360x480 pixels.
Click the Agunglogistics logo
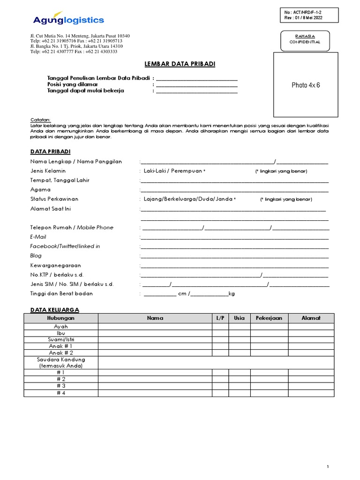point(68,19)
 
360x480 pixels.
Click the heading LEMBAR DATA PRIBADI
point(179,64)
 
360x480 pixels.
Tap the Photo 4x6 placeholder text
point(306,85)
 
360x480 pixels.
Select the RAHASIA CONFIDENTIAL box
point(305,39)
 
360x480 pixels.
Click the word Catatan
point(40,120)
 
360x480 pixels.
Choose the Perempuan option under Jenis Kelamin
point(187,171)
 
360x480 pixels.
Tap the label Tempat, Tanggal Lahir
point(60,180)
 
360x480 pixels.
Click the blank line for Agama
point(234,190)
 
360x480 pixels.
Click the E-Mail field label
point(38,237)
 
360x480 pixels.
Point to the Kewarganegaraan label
point(56,265)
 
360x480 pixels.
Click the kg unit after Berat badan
point(231,294)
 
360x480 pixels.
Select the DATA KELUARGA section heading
point(54,310)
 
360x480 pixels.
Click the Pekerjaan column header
point(269,318)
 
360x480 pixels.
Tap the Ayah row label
point(61,326)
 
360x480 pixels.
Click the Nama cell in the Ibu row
point(155,333)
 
